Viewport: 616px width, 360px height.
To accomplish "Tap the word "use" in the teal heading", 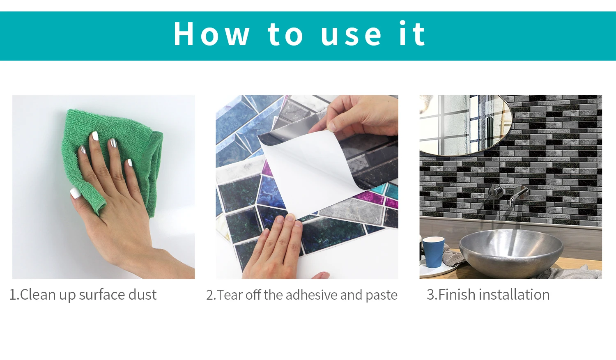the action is coord(352,35).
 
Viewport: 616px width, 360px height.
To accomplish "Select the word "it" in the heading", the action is coord(412,33).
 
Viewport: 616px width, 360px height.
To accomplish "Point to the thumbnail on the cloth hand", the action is coord(75,193).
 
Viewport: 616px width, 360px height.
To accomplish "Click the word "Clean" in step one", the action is coord(38,295).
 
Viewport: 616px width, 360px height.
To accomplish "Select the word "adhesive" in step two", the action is coord(311,295).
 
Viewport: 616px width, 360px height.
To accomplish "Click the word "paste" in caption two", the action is coord(381,296).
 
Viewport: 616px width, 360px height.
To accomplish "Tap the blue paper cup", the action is coord(433,252).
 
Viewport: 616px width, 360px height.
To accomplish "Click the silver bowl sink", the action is coord(511,253).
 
